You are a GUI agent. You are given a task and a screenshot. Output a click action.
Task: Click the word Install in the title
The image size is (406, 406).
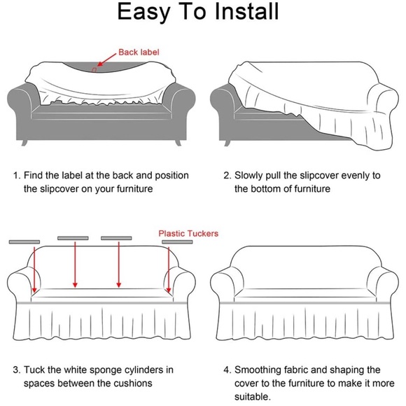[x=246, y=11]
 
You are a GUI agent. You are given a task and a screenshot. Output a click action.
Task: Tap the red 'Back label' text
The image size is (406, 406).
[x=139, y=52]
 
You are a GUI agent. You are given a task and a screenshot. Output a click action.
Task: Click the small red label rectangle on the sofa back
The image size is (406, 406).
[x=94, y=70]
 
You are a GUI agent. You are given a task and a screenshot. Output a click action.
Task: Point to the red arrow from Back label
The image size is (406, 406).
[x=106, y=60]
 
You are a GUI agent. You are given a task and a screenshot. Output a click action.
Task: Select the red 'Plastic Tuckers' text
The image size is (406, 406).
[x=188, y=234]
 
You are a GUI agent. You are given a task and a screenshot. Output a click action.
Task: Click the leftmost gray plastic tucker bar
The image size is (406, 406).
[x=24, y=241]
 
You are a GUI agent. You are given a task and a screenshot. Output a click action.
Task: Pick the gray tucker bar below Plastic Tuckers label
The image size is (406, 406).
[x=177, y=241]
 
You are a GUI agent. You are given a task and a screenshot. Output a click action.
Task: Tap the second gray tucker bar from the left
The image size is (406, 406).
[x=73, y=238]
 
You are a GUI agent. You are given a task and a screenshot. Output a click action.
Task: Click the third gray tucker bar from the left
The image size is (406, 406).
[x=116, y=238]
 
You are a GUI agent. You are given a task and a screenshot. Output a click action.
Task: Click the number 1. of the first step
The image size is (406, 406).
[x=17, y=176]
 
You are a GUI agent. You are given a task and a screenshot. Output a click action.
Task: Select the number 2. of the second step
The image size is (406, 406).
[x=227, y=176]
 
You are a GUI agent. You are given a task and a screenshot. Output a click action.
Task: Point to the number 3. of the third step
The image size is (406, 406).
[x=17, y=370]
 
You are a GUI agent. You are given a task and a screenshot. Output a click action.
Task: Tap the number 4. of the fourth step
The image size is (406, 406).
[x=227, y=370]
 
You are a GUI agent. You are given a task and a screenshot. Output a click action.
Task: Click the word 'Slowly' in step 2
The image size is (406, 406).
[x=248, y=176]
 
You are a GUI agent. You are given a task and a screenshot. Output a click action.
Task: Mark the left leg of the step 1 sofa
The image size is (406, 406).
[x=24, y=143]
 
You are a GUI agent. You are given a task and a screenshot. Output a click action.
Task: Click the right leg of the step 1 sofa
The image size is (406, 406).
[x=178, y=143]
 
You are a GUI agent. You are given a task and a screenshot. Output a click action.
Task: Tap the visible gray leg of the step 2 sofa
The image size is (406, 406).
[x=227, y=143]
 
